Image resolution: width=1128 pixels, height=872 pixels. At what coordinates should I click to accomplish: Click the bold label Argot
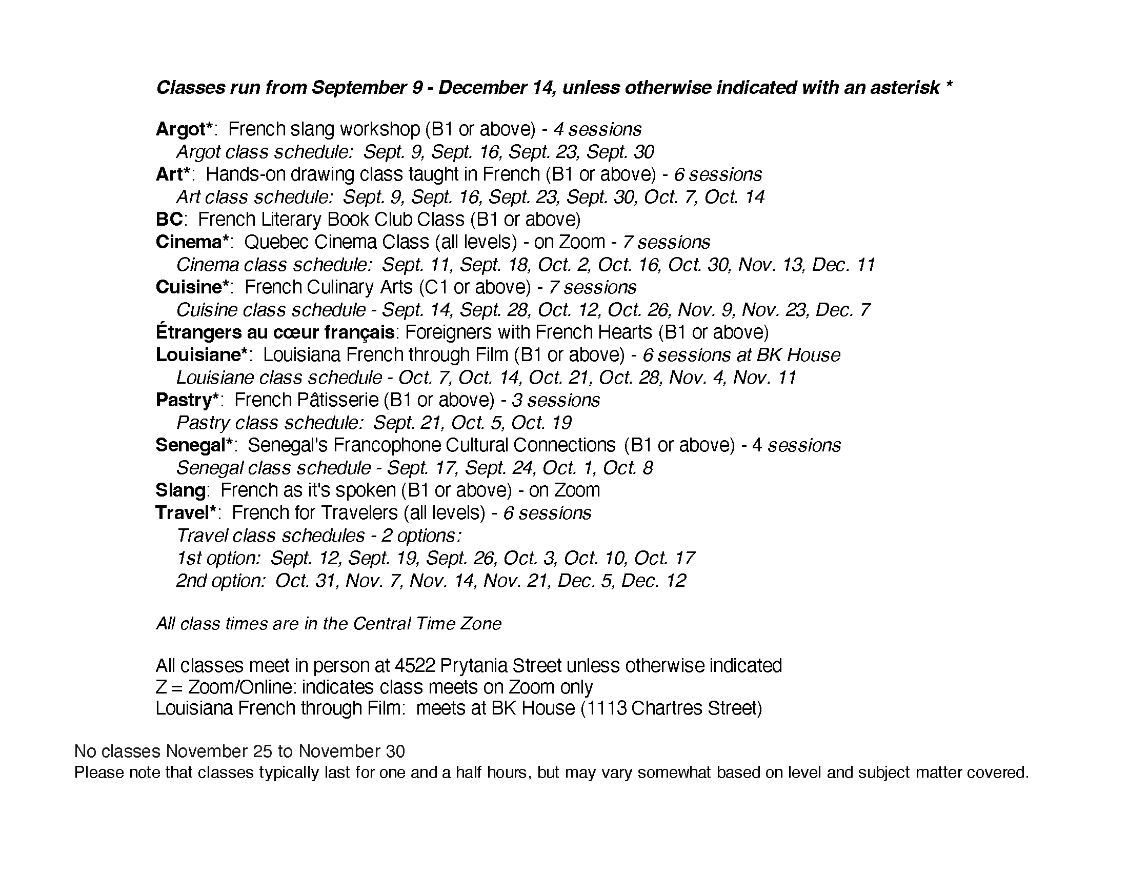(x=181, y=129)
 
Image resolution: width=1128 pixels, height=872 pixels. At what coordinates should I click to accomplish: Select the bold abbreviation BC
(x=169, y=220)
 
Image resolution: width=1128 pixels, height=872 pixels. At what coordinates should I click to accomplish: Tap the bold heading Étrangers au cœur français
(x=275, y=332)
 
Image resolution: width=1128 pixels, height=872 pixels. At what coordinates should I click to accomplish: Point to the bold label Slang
(x=181, y=490)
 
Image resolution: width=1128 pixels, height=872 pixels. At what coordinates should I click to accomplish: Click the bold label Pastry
(x=184, y=400)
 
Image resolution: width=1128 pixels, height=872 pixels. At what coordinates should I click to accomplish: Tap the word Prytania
(x=475, y=665)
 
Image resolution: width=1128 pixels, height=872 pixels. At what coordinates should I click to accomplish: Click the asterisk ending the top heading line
(x=949, y=85)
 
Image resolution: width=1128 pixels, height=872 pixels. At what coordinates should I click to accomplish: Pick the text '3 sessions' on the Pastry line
(x=556, y=401)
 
